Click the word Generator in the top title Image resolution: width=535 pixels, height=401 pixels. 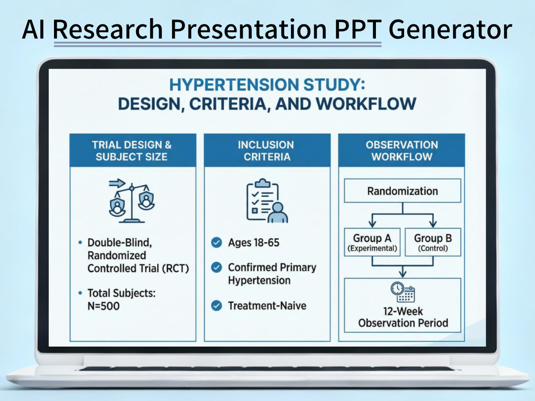[450, 30]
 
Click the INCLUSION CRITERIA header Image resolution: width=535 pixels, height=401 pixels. [267, 151]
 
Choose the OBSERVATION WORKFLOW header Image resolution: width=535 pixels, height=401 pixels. [402, 151]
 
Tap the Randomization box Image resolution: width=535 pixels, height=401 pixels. [402, 191]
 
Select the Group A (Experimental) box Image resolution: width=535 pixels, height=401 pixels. [372, 243]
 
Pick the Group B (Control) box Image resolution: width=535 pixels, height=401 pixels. [433, 243]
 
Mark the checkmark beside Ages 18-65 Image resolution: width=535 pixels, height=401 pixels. [216, 243]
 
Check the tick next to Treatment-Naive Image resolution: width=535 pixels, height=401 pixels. [216, 306]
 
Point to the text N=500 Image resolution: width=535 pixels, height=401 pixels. [104, 306]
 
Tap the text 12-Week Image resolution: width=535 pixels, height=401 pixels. [403, 311]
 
